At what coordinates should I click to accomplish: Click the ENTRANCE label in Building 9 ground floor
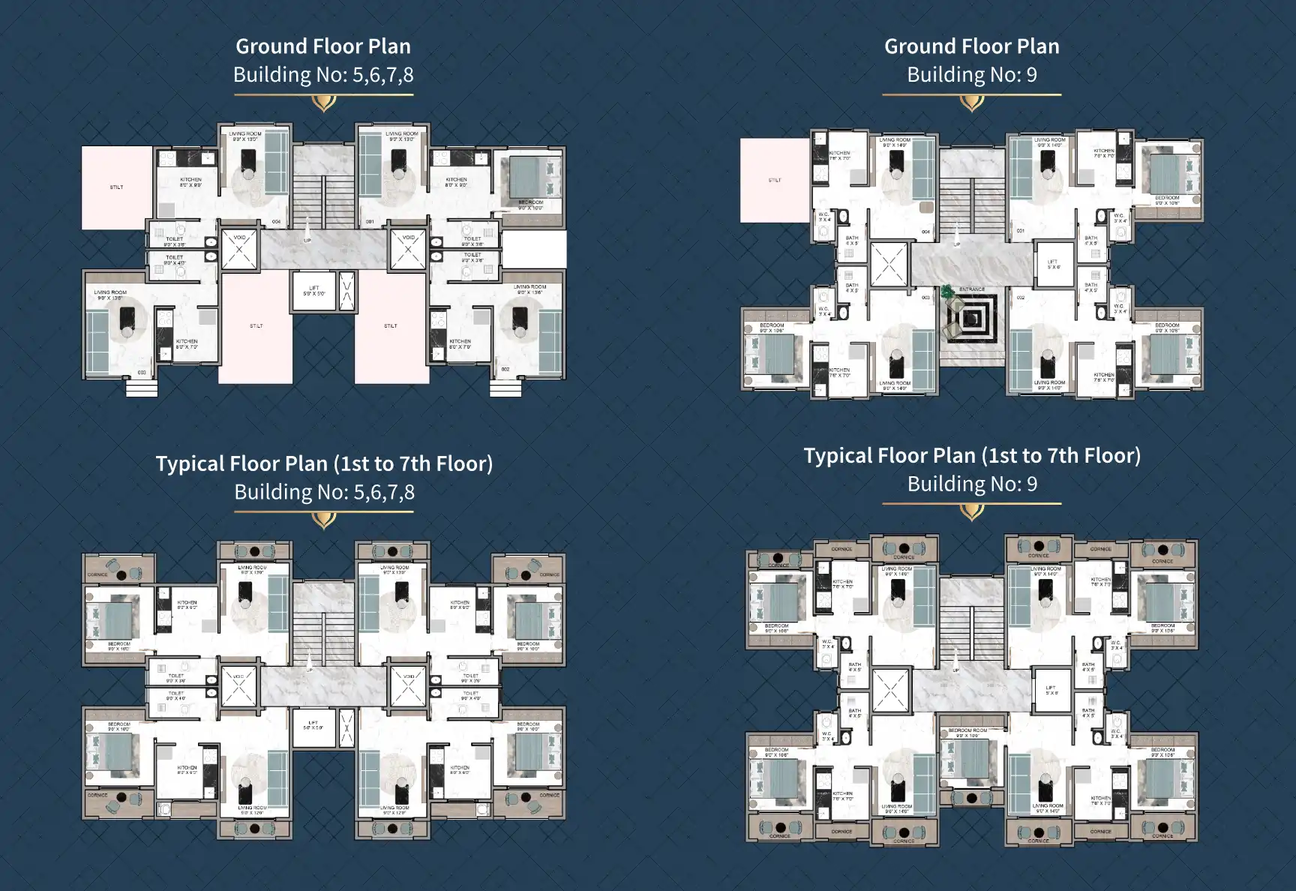pos(972,289)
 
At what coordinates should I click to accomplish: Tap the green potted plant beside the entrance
pos(948,292)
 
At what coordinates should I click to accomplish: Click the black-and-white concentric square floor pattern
pos(973,319)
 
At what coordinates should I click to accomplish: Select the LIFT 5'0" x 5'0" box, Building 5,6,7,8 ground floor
pos(313,291)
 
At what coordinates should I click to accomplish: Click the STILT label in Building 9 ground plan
pos(775,180)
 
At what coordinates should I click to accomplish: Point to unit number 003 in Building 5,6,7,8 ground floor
pos(142,372)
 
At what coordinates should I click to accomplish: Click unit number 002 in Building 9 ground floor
pos(1021,298)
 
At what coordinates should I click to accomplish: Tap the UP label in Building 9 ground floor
pos(956,244)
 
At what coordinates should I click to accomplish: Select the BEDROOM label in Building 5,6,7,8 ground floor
pos(530,202)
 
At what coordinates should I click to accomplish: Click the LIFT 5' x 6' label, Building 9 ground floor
pos(1053,264)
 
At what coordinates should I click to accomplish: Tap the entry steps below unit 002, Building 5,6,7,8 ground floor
pos(505,388)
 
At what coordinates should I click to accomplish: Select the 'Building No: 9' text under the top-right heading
pos(971,75)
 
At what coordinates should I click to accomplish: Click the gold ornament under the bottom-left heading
pos(323,519)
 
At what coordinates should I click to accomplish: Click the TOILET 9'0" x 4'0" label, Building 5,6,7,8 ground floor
pos(175,259)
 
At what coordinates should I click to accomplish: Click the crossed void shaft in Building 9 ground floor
pos(889,264)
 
